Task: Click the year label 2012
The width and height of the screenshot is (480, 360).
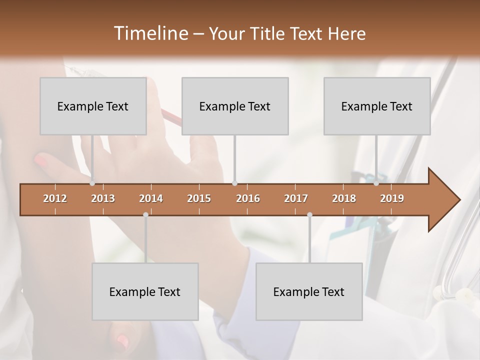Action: [x=55, y=198]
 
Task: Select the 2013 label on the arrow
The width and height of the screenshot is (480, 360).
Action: [x=103, y=198]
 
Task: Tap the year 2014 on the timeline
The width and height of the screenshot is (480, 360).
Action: [x=151, y=198]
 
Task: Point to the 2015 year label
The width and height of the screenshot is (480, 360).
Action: [x=199, y=198]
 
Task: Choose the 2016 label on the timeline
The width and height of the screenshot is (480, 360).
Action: [x=248, y=198]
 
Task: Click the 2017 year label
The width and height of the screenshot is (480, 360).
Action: [x=296, y=198]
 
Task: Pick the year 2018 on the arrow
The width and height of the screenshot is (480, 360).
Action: [x=344, y=198]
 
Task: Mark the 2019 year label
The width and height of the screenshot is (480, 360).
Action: [x=392, y=198]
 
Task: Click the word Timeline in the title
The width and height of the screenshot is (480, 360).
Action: [x=149, y=33]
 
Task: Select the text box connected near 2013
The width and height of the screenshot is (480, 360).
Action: [x=93, y=106]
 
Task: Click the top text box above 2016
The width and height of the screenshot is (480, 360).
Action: [x=235, y=106]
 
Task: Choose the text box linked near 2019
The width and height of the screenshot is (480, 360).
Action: [x=377, y=106]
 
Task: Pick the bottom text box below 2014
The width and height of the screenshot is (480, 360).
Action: [x=145, y=291]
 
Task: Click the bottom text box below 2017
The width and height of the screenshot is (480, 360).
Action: [x=309, y=291]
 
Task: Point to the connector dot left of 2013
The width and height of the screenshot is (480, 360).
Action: [x=92, y=183]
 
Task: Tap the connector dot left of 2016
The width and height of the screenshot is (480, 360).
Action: [x=234, y=183]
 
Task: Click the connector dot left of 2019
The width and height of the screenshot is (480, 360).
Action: [x=376, y=183]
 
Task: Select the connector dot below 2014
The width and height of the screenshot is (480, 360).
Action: [x=145, y=215]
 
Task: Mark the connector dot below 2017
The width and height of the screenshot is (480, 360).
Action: [x=309, y=215]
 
